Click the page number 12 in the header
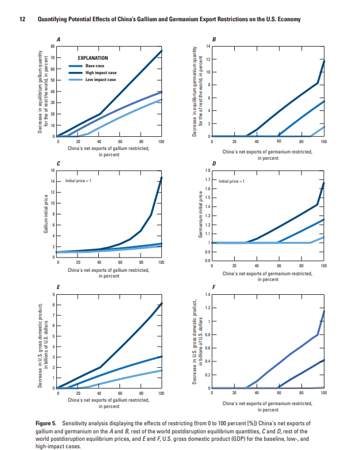[x=22, y=20]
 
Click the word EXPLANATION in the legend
[x=93, y=58]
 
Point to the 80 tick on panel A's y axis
[x=52, y=47]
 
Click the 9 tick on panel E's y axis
[x=53, y=295]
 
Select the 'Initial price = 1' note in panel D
[x=233, y=181]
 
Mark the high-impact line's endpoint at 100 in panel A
[x=161, y=51]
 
